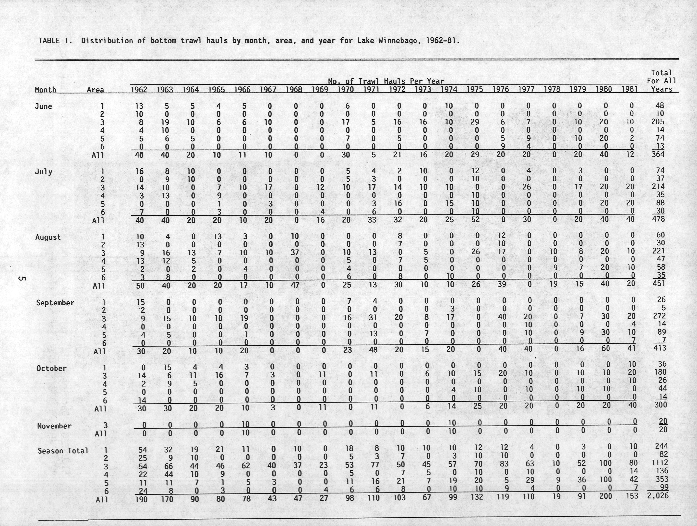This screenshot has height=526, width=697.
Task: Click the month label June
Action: click(x=44, y=106)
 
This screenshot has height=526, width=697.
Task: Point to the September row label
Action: click(x=55, y=303)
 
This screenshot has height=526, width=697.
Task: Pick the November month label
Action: click(x=54, y=426)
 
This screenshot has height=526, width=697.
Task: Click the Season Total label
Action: click(x=63, y=451)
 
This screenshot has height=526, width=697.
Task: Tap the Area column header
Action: click(x=95, y=90)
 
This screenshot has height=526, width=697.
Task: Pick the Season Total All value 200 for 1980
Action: click(x=605, y=496)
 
